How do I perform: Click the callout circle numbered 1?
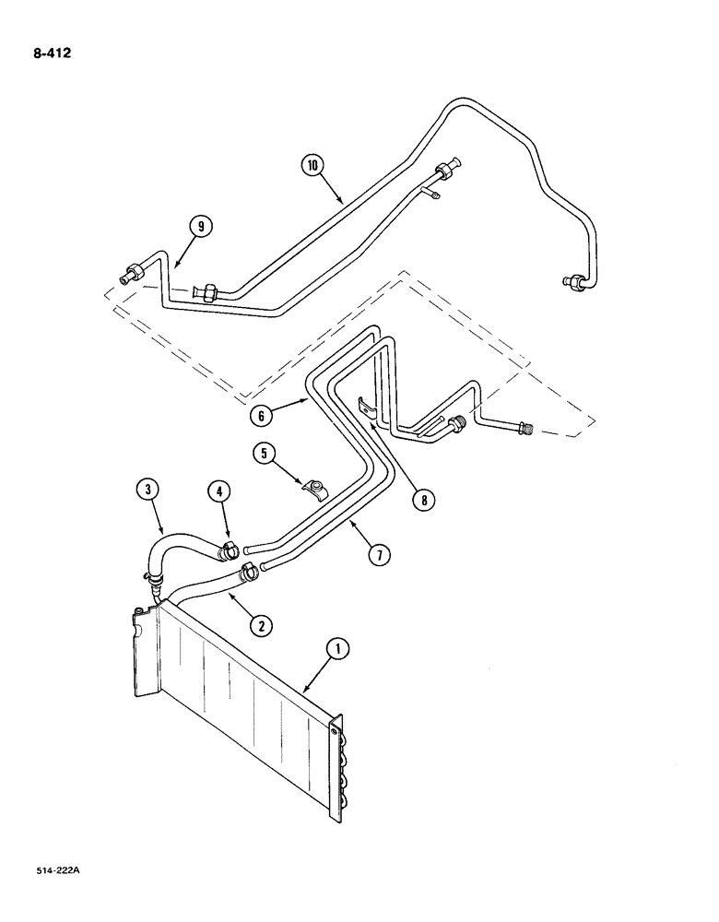pyautogui.click(x=338, y=650)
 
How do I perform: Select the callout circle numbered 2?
pyautogui.click(x=262, y=625)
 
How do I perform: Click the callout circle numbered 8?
pyautogui.click(x=424, y=500)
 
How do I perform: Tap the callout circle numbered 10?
pyautogui.click(x=313, y=166)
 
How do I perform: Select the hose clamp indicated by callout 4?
pyautogui.click(x=228, y=550)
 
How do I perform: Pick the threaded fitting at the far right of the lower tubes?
pyautogui.click(x=525, y=428)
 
